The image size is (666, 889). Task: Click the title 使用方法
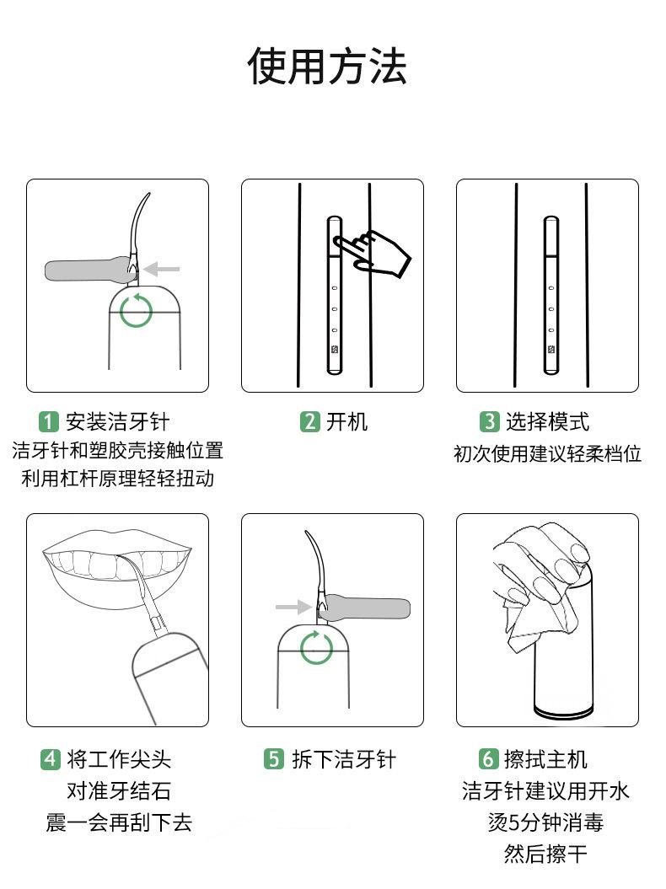click(327, 67)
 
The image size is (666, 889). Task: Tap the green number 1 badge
click(49, 422)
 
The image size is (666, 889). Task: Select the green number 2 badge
click(309, 422)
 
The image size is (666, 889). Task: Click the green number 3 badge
click(489, 422)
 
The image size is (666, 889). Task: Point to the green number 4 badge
click(50, 759)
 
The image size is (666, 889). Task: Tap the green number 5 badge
click(273, 758)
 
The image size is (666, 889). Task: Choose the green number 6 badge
click(488, 758)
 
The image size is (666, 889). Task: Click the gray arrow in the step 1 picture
click(161, 269)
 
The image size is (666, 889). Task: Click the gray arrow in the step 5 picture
click(293, 608)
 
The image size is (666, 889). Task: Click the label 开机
click(346, 422)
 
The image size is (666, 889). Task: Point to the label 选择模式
click(547, 422)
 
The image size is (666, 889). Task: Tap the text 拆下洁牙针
click(344, 759)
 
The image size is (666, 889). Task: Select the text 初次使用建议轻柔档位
click(547, 453)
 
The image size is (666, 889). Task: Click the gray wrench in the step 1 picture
click(91, 270)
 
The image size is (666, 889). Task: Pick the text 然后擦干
click(545, 854)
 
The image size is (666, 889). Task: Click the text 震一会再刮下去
click(119, 822)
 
